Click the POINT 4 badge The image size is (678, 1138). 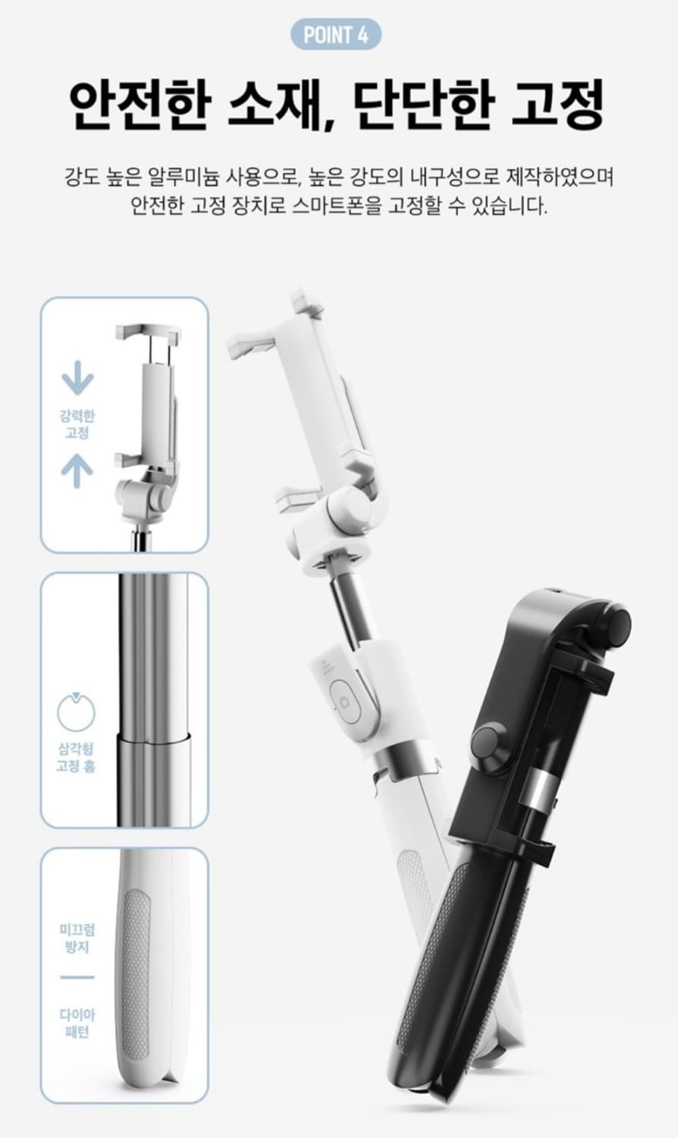point(336,35)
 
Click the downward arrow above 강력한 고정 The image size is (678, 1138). point(77,378)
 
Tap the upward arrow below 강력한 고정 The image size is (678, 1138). point(77,470)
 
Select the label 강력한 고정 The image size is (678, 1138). point(77,425)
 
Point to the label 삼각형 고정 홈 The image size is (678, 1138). point(76,757)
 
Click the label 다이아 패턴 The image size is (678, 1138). point(77,1023)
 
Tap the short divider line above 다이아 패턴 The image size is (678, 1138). point(77,977)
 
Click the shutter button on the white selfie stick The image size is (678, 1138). point(345,701)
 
